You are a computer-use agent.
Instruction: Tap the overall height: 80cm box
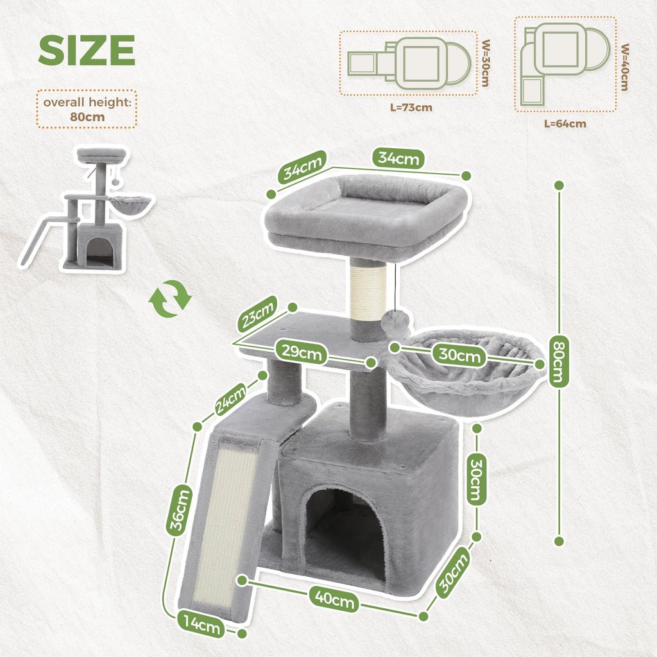87,110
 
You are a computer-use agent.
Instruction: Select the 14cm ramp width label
200,625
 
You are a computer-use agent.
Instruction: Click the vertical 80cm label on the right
558,363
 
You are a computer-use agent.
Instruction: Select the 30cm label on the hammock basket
459,354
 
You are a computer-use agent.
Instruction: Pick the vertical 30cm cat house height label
476,479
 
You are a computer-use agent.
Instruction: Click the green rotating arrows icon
170,298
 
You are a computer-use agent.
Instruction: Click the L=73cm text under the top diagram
411,107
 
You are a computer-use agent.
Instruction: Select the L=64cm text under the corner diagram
565,123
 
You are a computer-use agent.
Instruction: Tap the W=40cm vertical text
624,67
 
